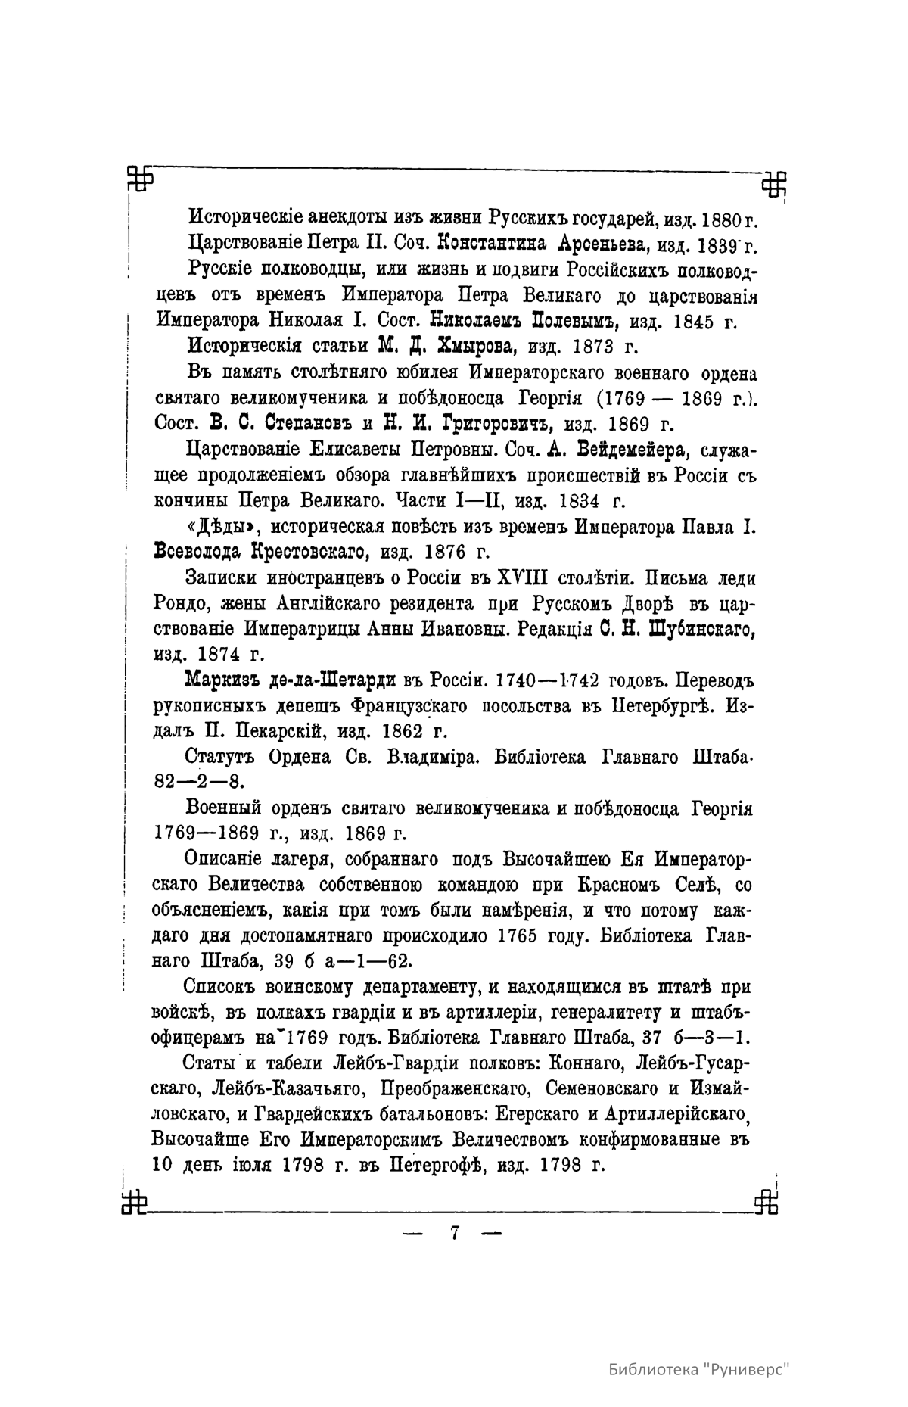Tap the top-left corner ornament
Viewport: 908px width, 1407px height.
tap(139, 179)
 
